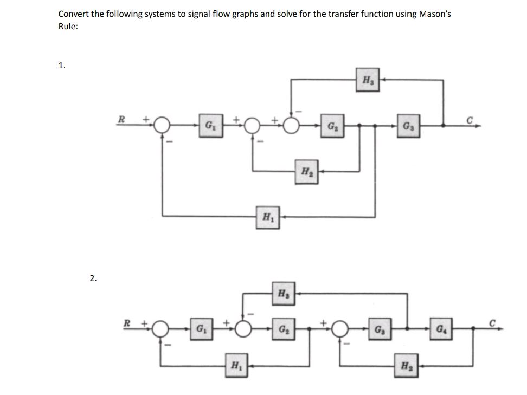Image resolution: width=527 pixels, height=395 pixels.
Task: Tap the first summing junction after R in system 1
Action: click(x=161, y=126)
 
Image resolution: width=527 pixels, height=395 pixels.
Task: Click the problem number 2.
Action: click(x=93, y=279)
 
